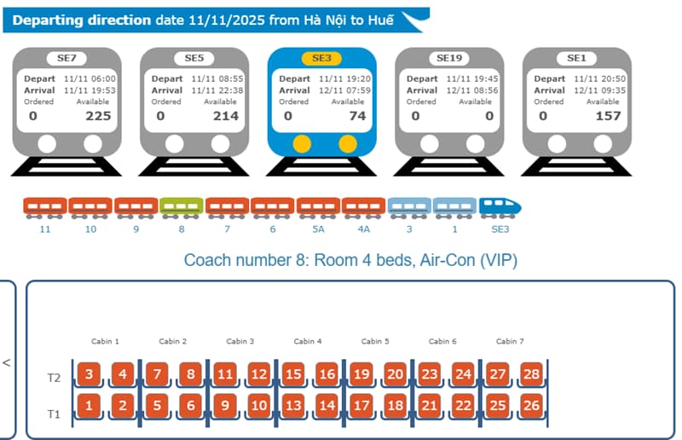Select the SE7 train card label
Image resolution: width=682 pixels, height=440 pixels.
pos(66,58)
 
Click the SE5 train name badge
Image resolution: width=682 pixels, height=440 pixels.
pos(194,58)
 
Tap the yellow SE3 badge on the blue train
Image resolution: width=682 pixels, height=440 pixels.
pos(322,58)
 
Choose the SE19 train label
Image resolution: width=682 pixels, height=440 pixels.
pos(449,58)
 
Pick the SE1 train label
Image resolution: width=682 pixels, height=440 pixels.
pos(577,58)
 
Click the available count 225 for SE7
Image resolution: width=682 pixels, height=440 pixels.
pos(98,116)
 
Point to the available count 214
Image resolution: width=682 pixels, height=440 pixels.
pos(225,116)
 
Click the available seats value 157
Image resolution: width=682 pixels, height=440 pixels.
pos(608,116)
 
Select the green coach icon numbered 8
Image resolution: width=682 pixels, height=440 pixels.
pos(182,206)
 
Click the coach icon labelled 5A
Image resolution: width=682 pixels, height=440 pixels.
pos(318,206)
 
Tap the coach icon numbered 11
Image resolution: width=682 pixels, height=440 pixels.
pos(45,206)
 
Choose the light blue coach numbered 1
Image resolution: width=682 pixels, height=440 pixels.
pos(454,206)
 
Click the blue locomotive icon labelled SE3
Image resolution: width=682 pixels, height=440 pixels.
pos(500,206)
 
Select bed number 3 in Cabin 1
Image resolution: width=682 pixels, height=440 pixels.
pos(90,373)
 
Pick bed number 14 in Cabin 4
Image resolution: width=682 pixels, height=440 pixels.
pos(327,405)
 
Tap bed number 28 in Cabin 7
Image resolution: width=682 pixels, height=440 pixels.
pos(531,373)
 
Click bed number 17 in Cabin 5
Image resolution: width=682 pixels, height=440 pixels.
pos(361,405)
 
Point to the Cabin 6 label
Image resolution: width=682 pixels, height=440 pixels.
pos(442,341)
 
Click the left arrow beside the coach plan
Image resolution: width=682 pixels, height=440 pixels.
pos(7,362)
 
